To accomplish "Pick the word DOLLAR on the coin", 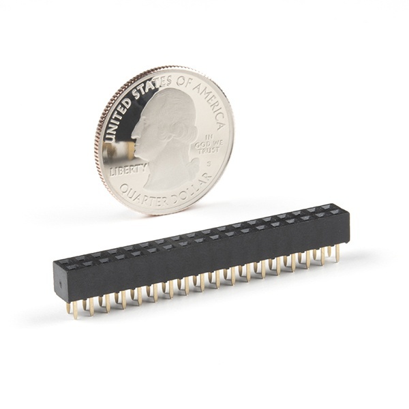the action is (x=192, y=190).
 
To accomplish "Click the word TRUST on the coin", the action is (x=209, y=151).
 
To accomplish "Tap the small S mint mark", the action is (x=209, y=164).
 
